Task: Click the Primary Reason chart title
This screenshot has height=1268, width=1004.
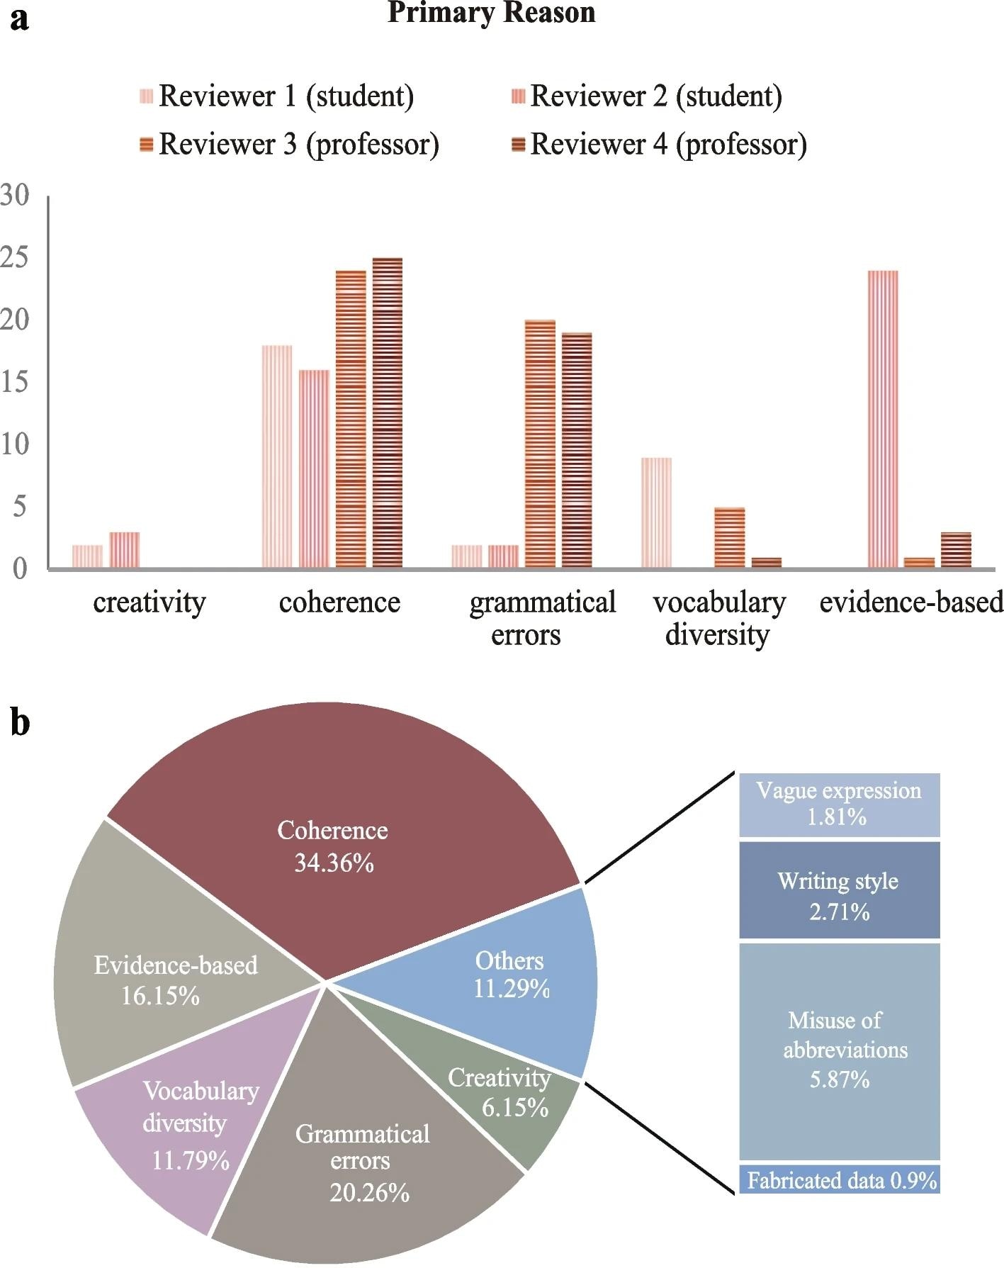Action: click(x=491, y=13)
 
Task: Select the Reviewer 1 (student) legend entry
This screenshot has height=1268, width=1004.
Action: click(x=277, y=96)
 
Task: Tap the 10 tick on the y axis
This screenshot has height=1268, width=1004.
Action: click(x=16, y=444)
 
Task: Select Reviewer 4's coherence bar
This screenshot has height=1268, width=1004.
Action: click(x=387, y=413)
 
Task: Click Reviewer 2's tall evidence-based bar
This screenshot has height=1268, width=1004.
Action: click(x=882, y=419)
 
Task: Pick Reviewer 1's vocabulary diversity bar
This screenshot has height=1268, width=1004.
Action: click(x=656, y=512)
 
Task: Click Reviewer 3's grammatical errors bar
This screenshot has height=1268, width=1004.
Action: click(x=540, y=444)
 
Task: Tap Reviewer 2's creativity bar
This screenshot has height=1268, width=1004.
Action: click(x=124, y=549)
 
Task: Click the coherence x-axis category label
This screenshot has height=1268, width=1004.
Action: click(x=339, y=602)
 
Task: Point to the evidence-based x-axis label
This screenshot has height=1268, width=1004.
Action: click(x=911, y=602)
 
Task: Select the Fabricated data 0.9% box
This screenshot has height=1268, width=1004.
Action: click(x=839, y=1180)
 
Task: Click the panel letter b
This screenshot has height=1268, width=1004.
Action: click(x=20, y=723)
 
